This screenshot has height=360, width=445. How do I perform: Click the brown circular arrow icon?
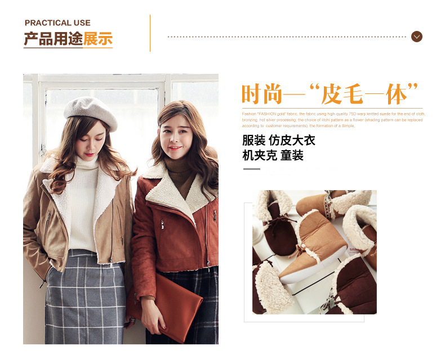(x=417, y=37)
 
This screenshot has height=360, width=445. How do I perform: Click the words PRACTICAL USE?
(x=57, y=23)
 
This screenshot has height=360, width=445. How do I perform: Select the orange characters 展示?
(x=98, y=39)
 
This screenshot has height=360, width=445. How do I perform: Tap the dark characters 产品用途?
(x=53, y=39)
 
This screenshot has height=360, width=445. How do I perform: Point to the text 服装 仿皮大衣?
(x=278, y=140)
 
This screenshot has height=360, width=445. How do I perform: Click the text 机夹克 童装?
(x=273, y=155)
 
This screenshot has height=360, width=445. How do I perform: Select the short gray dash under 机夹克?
(x=251, y=168)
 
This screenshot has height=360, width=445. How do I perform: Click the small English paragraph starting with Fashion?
(x=332, y=119)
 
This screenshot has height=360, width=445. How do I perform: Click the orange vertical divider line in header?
(x=150, y=33)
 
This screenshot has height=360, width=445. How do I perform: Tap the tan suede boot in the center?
(x=313, y=247)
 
